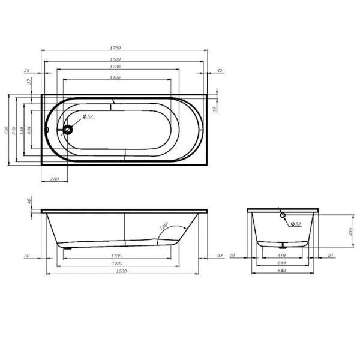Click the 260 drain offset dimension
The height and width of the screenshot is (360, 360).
(x=55, y=179)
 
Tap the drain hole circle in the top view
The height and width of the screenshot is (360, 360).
(x=68, y=128)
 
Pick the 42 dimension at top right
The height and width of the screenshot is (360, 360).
(x=220, y=71)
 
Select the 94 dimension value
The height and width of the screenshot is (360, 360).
(x=220, y=256)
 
